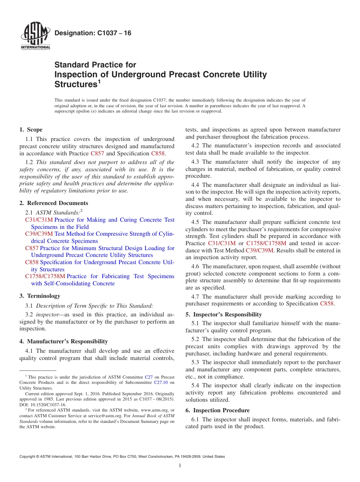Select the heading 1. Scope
pos(31,130)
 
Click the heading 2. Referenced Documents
pos(54,203)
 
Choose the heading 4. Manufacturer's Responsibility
pos(64,341)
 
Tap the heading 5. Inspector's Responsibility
pos(224,315)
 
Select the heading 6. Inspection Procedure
pos(218,410)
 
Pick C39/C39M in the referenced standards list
pos(39,234)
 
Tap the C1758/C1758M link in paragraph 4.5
pos(266,243)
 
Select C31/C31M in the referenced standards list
pos(39,220)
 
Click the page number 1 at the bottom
pos(180,465)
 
